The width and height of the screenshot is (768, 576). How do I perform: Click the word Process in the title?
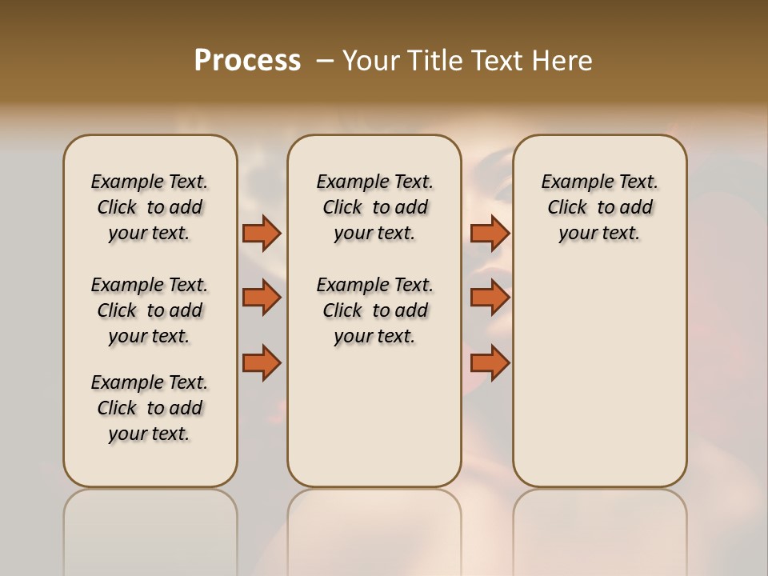click(247, 61)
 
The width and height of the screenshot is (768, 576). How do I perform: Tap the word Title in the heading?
click(430, 61)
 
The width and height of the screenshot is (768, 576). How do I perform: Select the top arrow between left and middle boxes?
click(262, 234)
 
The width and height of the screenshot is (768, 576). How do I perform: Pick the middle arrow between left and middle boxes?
click(262, 298)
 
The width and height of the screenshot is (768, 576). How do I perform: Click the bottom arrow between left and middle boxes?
click(262, 363)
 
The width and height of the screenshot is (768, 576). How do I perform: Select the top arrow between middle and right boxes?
click(490, 234)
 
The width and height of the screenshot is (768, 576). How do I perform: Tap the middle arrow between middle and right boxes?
click(490, 298)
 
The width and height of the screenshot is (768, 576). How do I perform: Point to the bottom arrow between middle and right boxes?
click(490, 363)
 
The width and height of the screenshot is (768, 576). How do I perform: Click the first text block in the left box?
click(150, 207)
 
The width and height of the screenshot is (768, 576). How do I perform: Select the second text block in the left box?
click(150, 310)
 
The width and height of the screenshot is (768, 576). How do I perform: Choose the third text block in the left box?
click(150, 408)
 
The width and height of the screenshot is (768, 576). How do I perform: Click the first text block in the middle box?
click(374, 207)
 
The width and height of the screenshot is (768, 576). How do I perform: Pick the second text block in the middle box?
click(374, 310)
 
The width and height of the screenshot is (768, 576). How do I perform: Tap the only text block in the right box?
click(599, 207)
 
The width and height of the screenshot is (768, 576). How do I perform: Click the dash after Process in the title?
click(325, 61)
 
